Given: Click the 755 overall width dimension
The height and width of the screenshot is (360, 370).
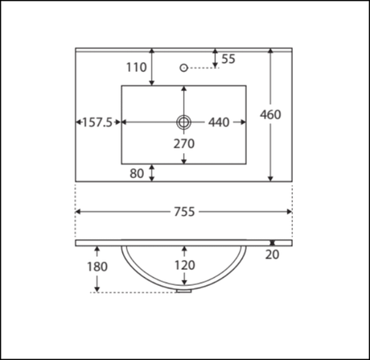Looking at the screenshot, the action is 184,212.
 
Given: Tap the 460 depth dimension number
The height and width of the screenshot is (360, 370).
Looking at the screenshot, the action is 270,114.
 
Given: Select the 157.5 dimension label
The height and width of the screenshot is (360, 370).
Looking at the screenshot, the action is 97,122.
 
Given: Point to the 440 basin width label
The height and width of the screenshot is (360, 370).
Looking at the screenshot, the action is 219,122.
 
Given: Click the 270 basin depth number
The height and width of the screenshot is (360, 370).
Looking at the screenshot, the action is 184,144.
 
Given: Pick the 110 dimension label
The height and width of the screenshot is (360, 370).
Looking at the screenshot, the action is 137,68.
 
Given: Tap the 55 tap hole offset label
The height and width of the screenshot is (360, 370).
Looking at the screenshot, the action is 228,59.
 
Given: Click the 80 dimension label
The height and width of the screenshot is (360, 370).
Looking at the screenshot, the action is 137,173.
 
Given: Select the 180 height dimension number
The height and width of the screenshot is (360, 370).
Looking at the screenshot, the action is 97,267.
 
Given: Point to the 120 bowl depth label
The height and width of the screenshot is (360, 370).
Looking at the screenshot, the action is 185,265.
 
